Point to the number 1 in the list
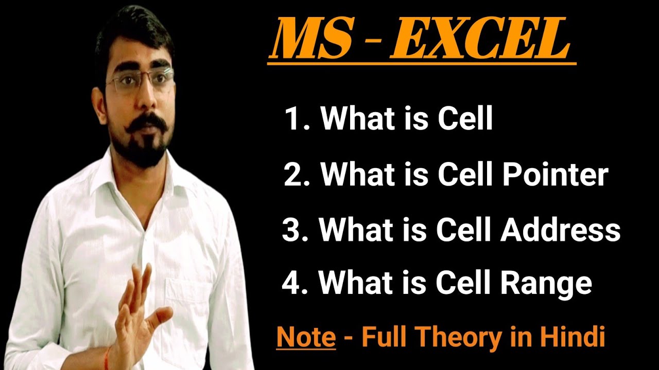(291, 120)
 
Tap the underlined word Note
(306, 337)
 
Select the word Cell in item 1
(465, 120)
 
